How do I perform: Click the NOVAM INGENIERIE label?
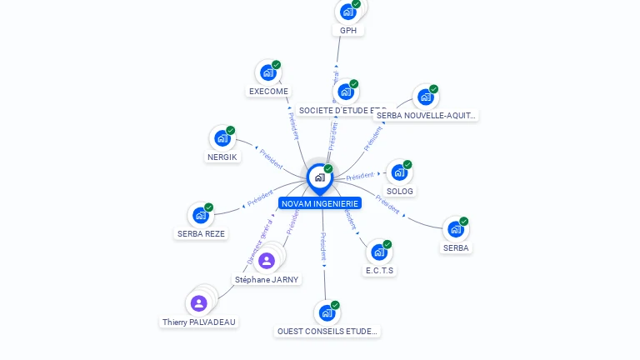tap(320, 203)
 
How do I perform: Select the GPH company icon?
tap(347, 12)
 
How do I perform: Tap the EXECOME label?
tap(268, 92)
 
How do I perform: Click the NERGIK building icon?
tap(222, 138)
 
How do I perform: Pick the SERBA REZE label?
tap(201, 234)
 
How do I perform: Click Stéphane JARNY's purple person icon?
tap(267, 261)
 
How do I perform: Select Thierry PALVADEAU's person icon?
tap(198, 303)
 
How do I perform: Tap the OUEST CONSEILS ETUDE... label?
tap(327, 332)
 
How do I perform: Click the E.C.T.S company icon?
tap(379, 252)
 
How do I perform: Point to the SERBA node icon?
tap(455, 228)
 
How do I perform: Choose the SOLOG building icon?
tap(399, 172)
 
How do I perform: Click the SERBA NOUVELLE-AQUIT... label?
tap(427, 116)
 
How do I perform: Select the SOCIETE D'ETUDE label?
tap(342, 111)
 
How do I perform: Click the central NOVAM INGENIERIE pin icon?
tap(319, 177)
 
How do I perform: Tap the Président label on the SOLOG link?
tap(360, 177)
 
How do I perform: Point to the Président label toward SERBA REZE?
tap(260, 197)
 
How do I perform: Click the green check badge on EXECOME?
tap(276, 65)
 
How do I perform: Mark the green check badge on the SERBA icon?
tap(463, 222)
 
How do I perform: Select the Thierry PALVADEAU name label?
tap(199, 322)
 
